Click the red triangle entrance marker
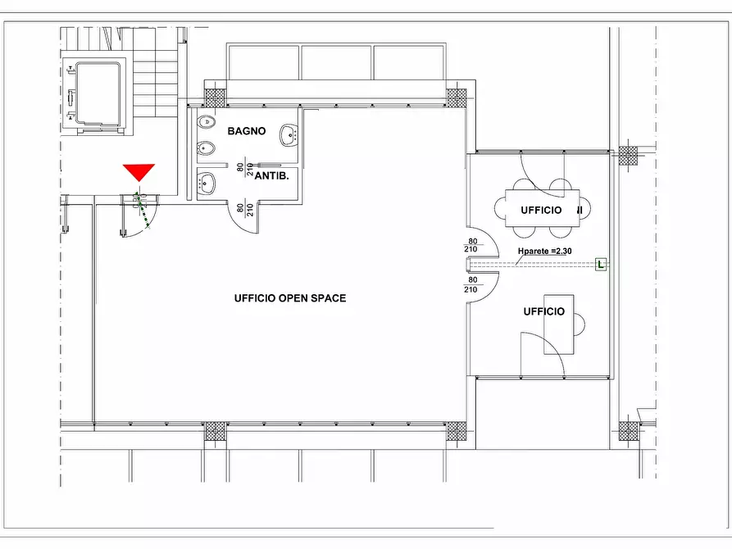coord(139,171)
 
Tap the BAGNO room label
coord(247,131)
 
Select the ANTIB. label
coord(271,176)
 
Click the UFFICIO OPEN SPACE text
coord(290,298)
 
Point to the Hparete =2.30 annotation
coord(545,252)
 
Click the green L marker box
coord(601,264)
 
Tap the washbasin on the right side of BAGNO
coord(289,135)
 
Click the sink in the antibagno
coord(207,184)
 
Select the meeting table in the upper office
coord(542,208)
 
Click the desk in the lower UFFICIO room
coord(559,324)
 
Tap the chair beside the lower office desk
coord(580,324)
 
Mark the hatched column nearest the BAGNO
coord(216,98)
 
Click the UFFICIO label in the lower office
coord(543,311)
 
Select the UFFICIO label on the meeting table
coord(541,210)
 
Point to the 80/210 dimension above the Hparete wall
coord(471,245)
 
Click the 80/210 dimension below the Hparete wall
coord(471,285)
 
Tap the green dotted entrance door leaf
coord(143,210)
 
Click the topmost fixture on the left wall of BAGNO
coord(206,123)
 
